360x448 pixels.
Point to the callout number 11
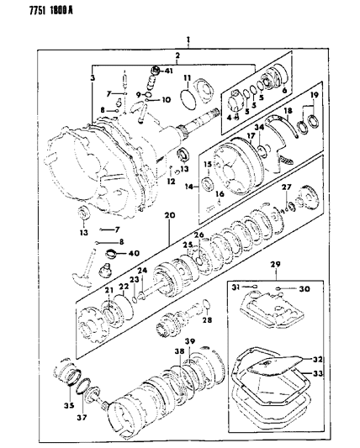pyautogui.click(x=189, y=79)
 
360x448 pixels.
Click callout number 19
pyautogui.click(x=315, y=98)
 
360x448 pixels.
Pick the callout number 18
pyautogui.click(x=288, y=111)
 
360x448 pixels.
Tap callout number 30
pyautogui.click(x=304, y=290)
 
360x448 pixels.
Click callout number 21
pyautogui.click(x=109, y=290)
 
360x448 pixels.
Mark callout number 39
pyautogui.click(x=190, y=343)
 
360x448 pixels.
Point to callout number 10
pyautogui.click(x=165, y=100)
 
